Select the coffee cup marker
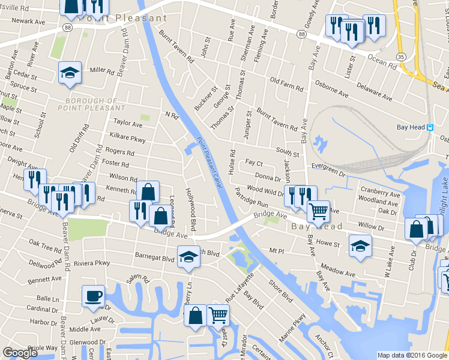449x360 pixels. [x=93, y=296]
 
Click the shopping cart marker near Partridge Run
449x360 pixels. [x=318, y=211]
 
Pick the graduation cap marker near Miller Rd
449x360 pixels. [x=70, y=73]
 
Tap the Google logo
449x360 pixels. [x=20, y=353]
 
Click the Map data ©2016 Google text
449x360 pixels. [x=412, y=355]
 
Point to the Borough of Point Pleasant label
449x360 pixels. [x=92, y=104]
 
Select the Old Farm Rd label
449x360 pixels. [x=286, y=85]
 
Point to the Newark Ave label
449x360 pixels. [x=28, y=20]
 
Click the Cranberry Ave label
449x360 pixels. [x=380, y=195]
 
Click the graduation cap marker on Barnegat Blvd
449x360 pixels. [x=188, y=256]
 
